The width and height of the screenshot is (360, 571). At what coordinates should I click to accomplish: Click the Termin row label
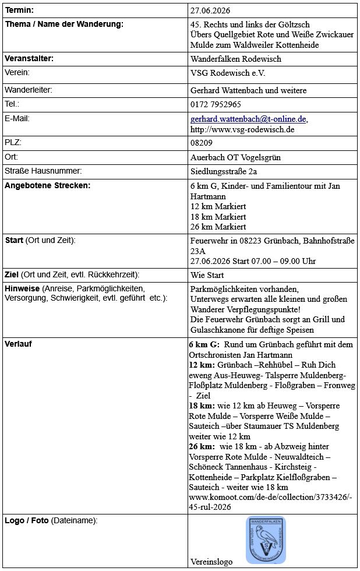tap(19, 10)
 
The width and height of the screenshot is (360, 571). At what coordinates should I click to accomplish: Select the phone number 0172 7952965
tap(216, 105)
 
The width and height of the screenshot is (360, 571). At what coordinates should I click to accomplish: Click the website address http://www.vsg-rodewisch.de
tap(242, 129)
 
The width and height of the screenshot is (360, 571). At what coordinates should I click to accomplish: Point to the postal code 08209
tap(201, 143)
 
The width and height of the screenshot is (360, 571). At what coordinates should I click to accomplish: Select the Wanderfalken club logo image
tap(265, 540)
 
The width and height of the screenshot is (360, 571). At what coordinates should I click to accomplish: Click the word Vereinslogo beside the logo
tap(211, 562)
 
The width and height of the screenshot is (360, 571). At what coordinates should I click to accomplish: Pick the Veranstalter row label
tap(29, 59)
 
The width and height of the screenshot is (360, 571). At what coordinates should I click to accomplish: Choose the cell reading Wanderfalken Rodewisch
tap(235, 59)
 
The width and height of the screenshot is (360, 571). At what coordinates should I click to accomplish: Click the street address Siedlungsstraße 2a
tap(224, 171)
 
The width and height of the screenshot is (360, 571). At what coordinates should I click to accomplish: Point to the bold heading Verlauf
tap(18, 344)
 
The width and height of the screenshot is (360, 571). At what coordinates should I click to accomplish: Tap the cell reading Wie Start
tap(207, 274)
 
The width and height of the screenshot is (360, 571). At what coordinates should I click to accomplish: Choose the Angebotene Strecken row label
tap(47, 186)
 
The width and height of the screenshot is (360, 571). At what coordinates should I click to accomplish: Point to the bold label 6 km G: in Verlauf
tap(204, 344)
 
